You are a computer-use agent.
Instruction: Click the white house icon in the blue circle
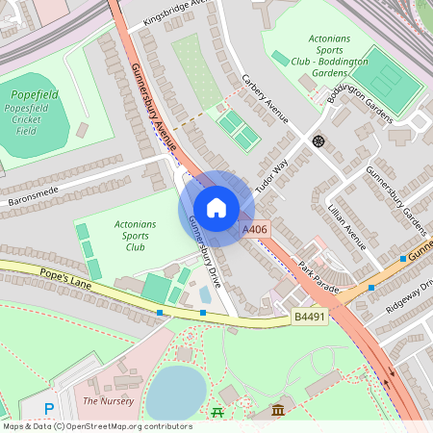[x=216, y=208]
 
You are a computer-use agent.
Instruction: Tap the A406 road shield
[x=255, y=229]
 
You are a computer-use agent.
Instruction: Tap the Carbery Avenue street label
[x=265, y=99]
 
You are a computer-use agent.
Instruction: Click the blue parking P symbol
[x=49, y=410]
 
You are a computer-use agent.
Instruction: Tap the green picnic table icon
[x=216, y=413]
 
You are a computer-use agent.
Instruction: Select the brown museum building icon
[x=278, y=412]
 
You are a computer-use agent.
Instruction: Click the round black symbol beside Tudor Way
[x=318, y=141]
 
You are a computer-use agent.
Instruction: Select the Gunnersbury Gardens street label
[x=395, y=199]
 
